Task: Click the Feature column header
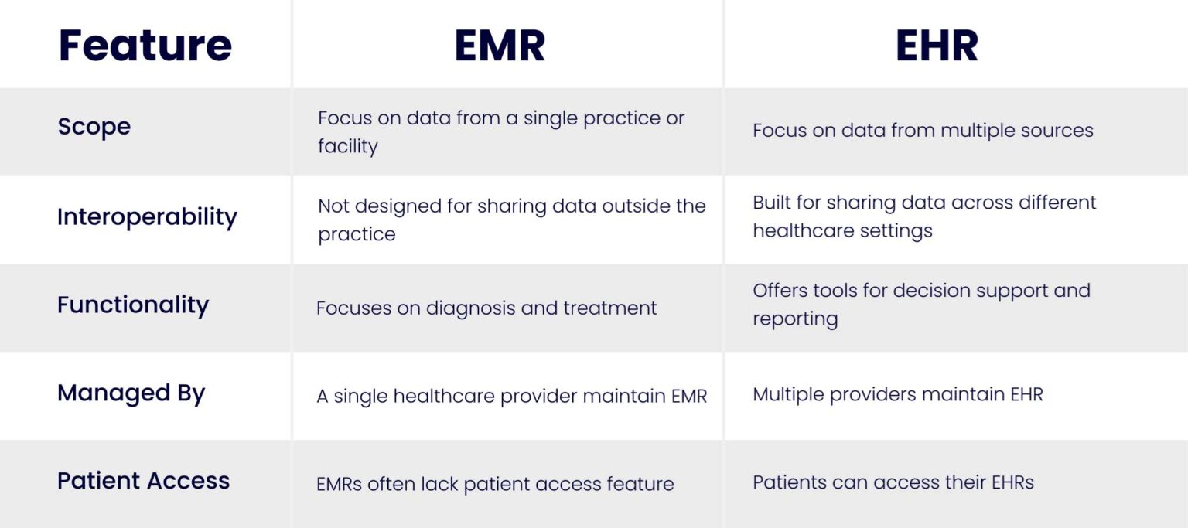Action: tap(145, 45)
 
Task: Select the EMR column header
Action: tap(500, 45)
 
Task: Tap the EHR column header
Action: tap(937, 45)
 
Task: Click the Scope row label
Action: tap(94, 126)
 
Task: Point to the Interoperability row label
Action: tap(147, 216)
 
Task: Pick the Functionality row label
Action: tap(133, 305)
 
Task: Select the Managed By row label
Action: tap(131, 393)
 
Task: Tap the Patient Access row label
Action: tap(143, 480)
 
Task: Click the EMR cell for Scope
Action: tap(501, 132)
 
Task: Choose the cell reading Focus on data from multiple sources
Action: tap(923, 130)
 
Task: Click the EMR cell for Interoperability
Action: tap(511, 220)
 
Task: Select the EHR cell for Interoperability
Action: tap(924, 216)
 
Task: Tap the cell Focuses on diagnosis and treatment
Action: tap(486, 308)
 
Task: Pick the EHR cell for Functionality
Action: tap(921, 304)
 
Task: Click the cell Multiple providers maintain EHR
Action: tap(898, 394)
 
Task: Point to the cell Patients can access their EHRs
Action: tap(893, 482)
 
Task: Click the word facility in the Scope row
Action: tap(347, 146)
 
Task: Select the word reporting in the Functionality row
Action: tap(795, 319)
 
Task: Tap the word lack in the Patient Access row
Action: tap(439, 485)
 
